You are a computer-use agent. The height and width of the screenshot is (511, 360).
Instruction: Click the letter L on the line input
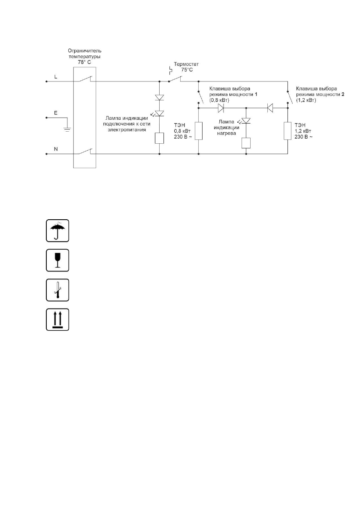coord(56,76)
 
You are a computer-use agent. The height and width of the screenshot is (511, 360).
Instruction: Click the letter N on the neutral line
coord(56,149)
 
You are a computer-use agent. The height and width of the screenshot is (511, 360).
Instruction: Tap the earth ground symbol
coord(67,128)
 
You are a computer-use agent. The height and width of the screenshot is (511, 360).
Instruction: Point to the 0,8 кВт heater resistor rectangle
coord(198,131)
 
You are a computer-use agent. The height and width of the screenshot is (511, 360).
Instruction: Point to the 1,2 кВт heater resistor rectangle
coord(287,131)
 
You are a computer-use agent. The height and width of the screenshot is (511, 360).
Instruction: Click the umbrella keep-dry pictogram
coord(57,231)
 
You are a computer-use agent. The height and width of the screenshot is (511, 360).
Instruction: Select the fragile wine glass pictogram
coord(57,260)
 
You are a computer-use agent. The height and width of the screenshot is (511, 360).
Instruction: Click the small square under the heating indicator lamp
coord(246,142)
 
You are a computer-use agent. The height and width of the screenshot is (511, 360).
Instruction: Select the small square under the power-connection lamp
coord(159,138)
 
